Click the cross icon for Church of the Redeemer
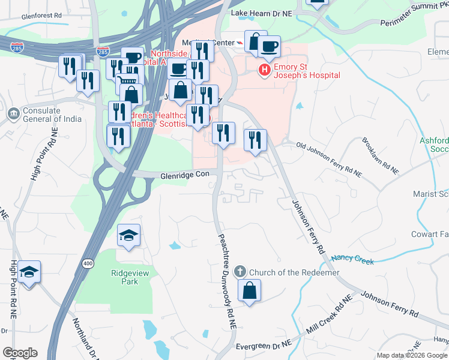tap(240, 272)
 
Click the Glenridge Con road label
tap(184, 175)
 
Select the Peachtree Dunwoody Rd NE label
tap(224, 281)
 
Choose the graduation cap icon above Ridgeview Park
tap(128, 235)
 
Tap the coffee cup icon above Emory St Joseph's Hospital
tap(270, 46)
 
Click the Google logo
tap(20, 353)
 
